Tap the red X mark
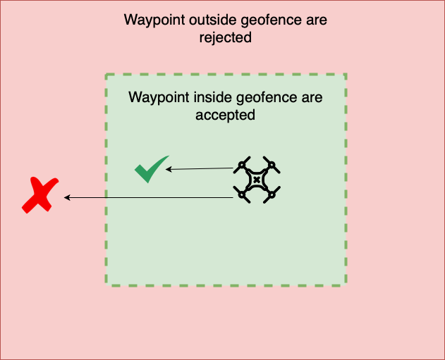[x=38, y=196]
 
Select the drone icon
[x=257, y=180]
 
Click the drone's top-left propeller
[x=242, y=166]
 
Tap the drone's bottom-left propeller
[x=242, y=195]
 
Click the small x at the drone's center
[x=257, y=180]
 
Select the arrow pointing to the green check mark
[x=201, y=168]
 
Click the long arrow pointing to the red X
[x=148, y=198]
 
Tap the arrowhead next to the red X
[x=67, y=198]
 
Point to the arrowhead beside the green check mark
[x=169, y=169]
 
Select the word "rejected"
[x=225, y=37]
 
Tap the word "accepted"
[x=225, y=114]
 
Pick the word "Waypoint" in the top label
[x=151, y=19]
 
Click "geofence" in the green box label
[x=252, y=97]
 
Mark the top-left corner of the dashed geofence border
[x=106, y=74]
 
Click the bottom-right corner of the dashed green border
[x=346, y=285]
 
